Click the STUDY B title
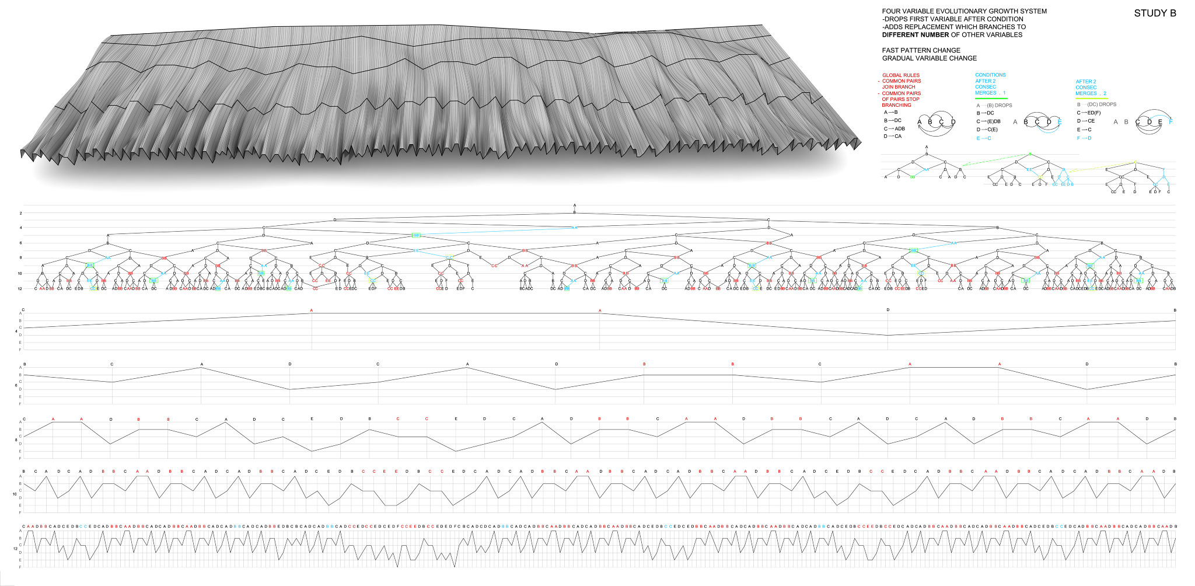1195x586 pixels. click(1155, 13)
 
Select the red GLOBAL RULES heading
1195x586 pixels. click(901, 75)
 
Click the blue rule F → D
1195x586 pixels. click(1084, 138)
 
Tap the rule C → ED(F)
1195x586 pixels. click(1089, 113)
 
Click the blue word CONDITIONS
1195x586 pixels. click(990, 75)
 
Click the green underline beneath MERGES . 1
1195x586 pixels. click(991, 98)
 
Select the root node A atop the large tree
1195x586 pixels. click(575, 205)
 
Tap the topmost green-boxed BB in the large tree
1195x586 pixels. click(415, 235)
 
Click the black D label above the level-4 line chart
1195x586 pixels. click(888, 310)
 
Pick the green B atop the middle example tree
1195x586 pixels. click(1030, 154)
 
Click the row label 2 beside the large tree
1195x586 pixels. click(20, 214)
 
